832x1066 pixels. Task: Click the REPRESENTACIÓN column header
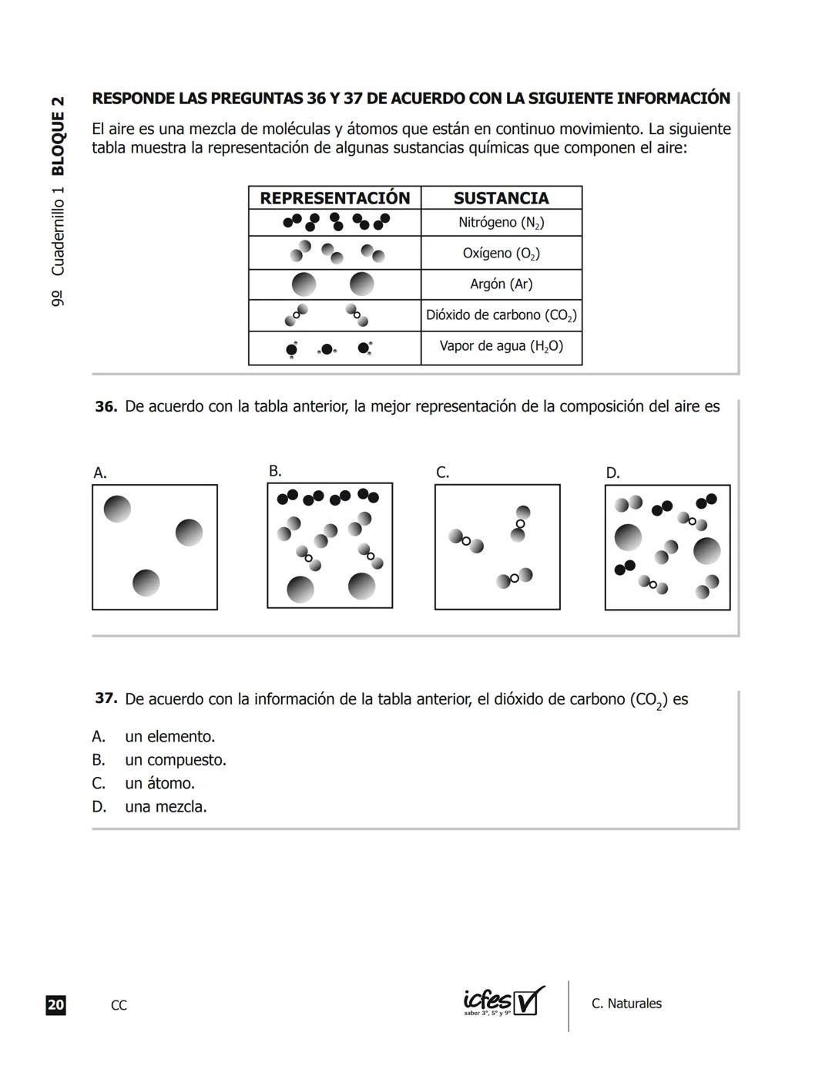tap(334, 198)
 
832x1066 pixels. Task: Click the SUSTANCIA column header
tap(501, 198)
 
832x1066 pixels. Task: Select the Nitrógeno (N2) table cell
tap(501, 223)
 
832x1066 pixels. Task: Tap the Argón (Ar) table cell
tap(501, 284)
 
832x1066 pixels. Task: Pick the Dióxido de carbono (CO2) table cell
tap(501, 315)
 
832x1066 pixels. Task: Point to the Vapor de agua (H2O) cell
tap(501, 346)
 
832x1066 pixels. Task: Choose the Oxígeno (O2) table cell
tap(501, 254)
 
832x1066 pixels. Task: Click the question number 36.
tap(106, 407)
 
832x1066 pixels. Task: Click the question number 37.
tap(106, 698)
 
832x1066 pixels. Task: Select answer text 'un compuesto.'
tap(176, 760)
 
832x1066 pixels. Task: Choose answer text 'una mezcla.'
tap(166, 807)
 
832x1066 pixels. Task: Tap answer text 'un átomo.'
tap(159, 783)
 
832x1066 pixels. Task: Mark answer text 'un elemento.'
tap(169, 736)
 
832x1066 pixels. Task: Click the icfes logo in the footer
tap(503, 1001)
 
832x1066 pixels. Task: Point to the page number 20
tap(55, 1005)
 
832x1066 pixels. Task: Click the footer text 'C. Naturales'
tap(626, 1004)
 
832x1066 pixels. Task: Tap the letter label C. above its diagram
tap(442, 472)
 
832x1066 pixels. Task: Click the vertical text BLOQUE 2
tap(58, 136)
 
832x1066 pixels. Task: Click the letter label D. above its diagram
tap(612, 473)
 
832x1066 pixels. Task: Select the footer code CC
tap(119, 1005)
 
